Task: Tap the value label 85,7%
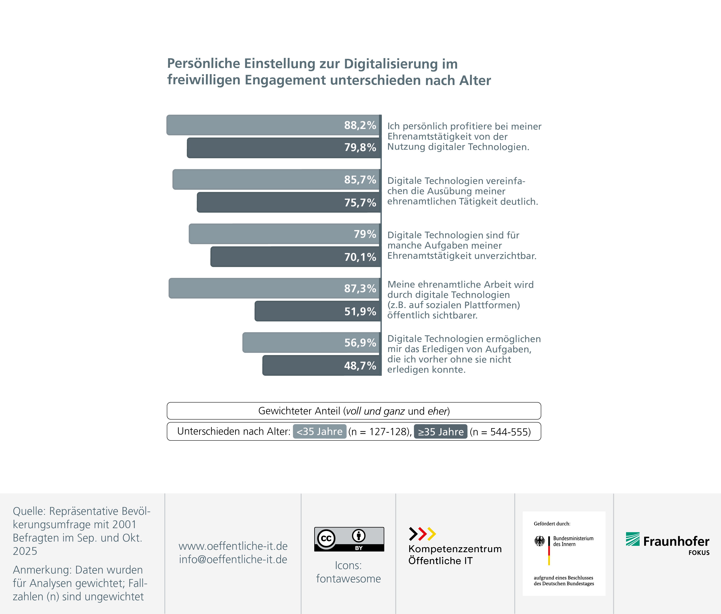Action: (x=360, y=180)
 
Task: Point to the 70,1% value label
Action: (x=360, y=257)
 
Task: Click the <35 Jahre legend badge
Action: (x=319, y=431)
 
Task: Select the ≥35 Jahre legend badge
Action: (x=440, y=431)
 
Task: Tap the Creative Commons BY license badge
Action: (x=349, y=539)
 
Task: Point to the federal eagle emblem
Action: (x=540, y=541)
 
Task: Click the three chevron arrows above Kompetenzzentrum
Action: (x=422, y=534)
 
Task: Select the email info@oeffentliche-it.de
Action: (x=233, y=559)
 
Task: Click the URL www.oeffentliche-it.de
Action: (x=233, y=546)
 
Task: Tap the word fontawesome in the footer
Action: (x=348, y=578)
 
